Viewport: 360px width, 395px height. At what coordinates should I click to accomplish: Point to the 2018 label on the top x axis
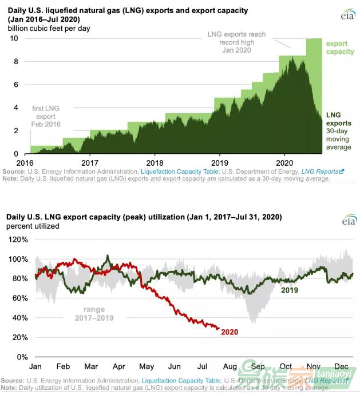click(155, 162)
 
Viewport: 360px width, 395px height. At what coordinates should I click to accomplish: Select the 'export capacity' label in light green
click(339, 49)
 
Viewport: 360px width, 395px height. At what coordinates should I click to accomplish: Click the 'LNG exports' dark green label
click(339, 118)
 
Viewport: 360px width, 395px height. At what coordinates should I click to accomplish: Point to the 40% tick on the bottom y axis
click(21, 318)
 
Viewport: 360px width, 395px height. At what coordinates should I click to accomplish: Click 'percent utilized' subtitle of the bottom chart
click(33, 226)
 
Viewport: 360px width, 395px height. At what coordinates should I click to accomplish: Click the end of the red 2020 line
click(218, 328)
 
